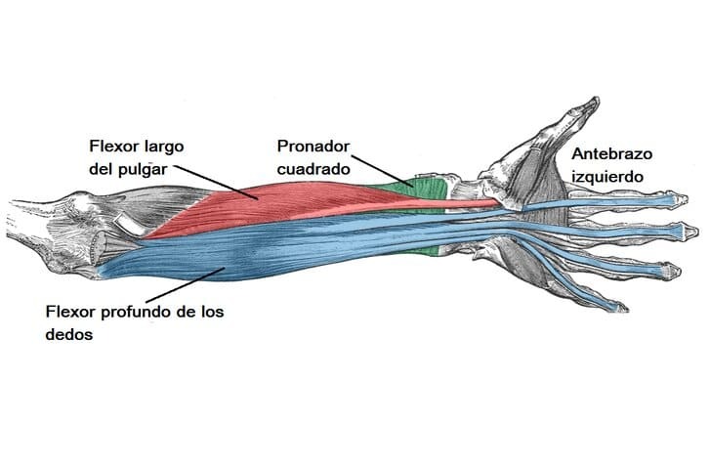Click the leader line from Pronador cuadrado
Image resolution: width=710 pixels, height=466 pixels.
(x=381, y=172)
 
